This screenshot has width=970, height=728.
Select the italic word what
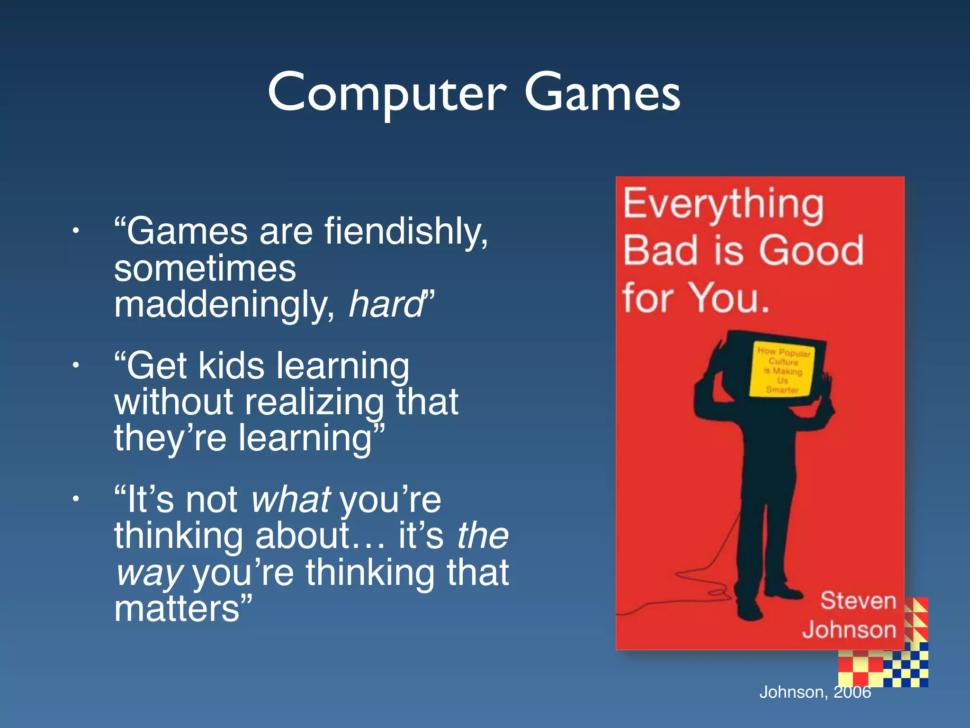click(x=291, y=500)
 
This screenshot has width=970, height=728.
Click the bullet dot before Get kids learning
click(x=75, y=365)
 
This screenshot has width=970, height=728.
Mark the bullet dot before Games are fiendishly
click(x=75, y=231)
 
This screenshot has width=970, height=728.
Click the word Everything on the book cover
click(x=723, y=205)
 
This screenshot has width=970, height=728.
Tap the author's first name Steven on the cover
click(x=858, y=601)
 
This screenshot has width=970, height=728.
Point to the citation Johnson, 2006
click(x=815, y=692)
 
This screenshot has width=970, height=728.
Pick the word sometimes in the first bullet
click(x=205, y=269)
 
